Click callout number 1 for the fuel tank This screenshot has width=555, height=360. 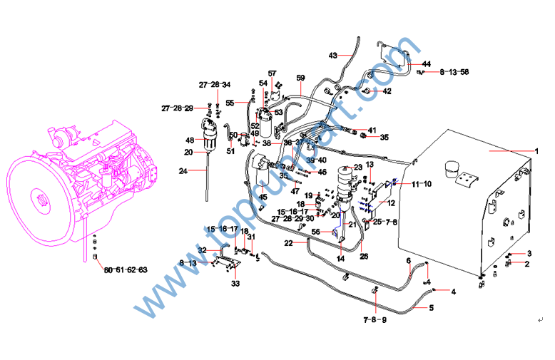click(x=536, y=151)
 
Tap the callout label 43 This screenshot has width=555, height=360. click(x=333, y=55)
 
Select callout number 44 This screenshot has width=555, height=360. click(x=426, y=64)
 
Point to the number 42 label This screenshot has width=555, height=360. click(x=387, y=91)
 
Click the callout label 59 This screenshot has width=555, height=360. click(x=300, y=77)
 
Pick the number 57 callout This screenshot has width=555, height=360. click(x=272, y=73)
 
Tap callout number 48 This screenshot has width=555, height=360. click(x=190, y=140)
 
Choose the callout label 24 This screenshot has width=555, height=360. click(x=183, y=170)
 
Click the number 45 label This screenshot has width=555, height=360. click(x=263, y=197)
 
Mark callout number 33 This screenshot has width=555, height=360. click(x=236, y=284)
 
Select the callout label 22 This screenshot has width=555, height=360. click(x=288, y=244)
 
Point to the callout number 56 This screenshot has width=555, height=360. click(x=315, y=232)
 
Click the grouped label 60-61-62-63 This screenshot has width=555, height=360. click(x=125, y=270)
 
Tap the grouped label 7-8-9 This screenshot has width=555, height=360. click(x=374, y=319)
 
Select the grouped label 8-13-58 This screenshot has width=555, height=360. click(x=454, y=73)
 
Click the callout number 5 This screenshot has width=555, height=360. click(x=432, y=308)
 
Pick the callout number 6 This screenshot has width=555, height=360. click(x=409, y=261)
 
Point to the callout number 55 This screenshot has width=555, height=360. click(x=230, y=103)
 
